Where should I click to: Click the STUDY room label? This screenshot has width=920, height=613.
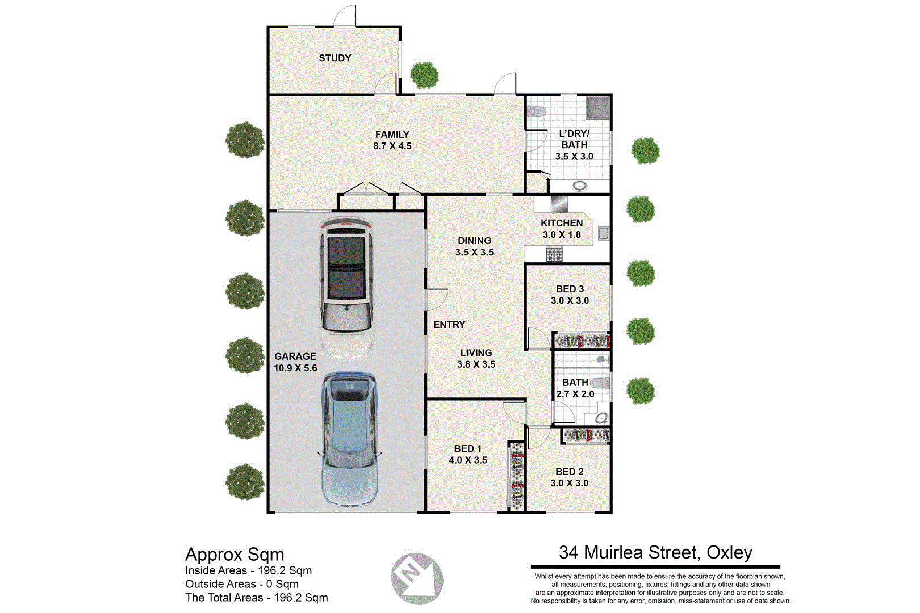point(334,58)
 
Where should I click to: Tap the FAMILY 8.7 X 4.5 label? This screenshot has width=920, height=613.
point(392,140)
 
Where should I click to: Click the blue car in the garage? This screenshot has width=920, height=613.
point(349,440)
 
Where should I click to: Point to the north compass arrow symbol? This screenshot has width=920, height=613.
point(417,578)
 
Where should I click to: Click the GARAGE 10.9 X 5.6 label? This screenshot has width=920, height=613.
point(295,362)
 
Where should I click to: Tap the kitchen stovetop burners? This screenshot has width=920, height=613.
point(554,254)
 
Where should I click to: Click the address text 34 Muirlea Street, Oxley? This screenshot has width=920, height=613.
point(655,552)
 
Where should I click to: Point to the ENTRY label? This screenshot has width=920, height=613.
point(449,325)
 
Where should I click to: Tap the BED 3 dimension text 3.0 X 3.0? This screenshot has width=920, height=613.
point(570,301)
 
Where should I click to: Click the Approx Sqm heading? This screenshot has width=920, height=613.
point(235,555)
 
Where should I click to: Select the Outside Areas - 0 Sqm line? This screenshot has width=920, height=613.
point(241,584)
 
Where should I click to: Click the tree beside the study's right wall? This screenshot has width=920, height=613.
point(424,74)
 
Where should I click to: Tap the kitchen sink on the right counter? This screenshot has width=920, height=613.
point(603,233)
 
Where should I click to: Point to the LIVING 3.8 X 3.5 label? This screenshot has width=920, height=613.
point(476,359)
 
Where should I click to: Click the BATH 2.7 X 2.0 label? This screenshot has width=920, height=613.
point(575,388)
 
